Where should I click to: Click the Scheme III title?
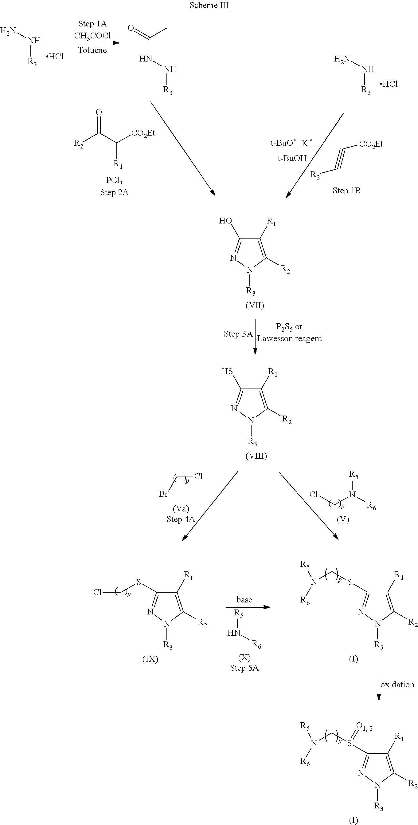point(209,6)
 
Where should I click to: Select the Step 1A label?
point(92,24)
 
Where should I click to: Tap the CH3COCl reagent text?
point(92,36)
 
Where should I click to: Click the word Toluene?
point(92,50)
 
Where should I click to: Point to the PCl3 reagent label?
point(114,181)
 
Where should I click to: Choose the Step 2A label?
point(114,192)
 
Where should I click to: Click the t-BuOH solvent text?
point(292,158)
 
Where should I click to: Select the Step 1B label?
point(347,191)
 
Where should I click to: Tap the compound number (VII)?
point(255,305)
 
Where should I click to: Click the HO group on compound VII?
point(226,221)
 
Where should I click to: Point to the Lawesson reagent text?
point(289,338)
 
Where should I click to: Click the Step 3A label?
point(238,334)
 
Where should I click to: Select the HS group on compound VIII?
point(227,372)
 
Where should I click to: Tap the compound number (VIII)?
point(256,456)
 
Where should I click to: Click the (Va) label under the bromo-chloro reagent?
point(181,509)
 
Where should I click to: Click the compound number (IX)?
point(150,659)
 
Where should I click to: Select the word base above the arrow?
point(244,599)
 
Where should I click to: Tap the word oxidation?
point(397,685)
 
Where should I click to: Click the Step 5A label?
point(244,668)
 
